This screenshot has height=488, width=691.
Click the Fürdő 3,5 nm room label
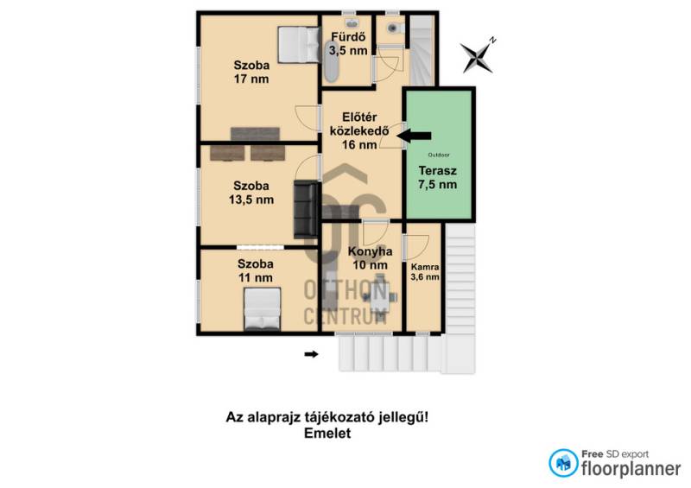pos(348,43)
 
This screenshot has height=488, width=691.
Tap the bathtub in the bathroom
pos(331,61)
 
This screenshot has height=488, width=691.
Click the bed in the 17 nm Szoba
pos(298,45)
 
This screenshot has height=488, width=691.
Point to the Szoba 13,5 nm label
pos(251,193)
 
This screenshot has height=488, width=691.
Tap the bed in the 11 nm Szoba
pos(263,308)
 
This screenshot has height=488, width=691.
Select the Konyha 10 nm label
pos(370,258)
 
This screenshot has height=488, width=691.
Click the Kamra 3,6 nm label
pos(425,272)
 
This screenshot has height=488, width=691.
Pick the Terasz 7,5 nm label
pos(438,178)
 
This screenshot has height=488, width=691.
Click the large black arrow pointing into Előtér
pos(414,136)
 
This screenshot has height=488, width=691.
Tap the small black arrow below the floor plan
pos(311,354)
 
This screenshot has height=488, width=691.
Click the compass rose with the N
pos(478,55)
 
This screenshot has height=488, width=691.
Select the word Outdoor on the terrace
pos(439,155)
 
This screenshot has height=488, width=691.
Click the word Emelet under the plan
pos(327,434)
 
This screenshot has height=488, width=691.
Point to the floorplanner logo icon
pos(563,463)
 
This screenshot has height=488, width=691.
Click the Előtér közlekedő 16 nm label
pos(359,130)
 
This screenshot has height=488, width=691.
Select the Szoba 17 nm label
pos(251,72)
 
